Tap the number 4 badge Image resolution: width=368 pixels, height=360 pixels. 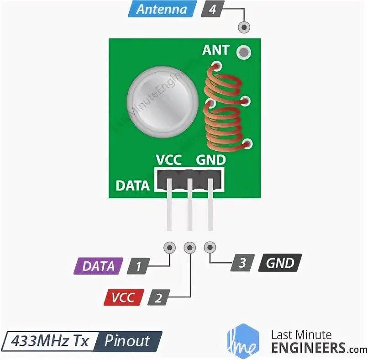pos(212,10)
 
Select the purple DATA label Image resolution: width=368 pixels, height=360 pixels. pos(99,266)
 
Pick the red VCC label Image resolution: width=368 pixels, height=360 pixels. pos(124,297)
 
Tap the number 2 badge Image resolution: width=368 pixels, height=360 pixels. pos(158,298)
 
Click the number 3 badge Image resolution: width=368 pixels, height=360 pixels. pos(242,263)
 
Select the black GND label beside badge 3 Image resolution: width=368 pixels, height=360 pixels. pos(280,263)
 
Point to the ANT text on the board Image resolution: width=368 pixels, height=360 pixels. pos(216,50)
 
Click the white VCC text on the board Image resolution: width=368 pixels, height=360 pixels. pos(168,160)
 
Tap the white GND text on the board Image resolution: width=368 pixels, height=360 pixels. pos(210,160)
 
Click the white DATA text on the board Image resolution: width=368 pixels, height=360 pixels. pos(132,186)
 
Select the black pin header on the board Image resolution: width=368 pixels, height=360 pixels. pos(189,180)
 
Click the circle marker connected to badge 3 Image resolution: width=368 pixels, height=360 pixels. pos(210,248)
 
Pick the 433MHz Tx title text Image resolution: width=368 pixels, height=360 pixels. pos(51,341)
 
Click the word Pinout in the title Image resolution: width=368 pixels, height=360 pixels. pos(127,341)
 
